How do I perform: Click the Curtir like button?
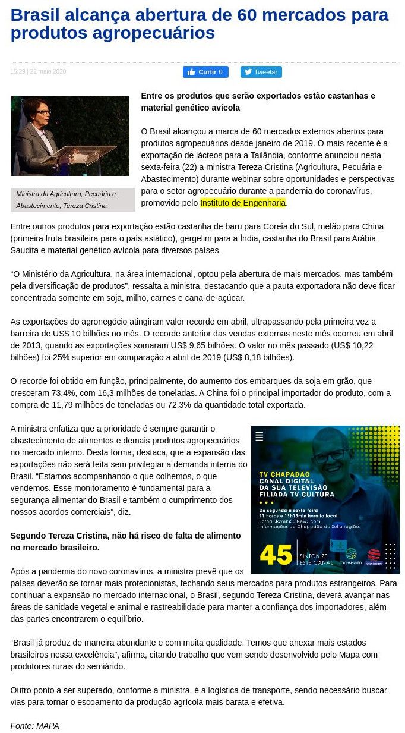205,72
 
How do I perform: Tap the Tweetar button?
261,72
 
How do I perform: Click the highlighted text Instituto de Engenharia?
243,203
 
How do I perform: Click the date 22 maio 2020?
48,72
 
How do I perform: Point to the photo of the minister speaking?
69,136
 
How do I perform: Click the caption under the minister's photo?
66,200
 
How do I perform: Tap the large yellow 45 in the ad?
276,554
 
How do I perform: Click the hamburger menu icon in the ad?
259,436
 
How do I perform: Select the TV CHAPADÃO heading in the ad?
285,474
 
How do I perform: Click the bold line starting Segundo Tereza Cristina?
125,542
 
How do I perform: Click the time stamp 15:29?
18,72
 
